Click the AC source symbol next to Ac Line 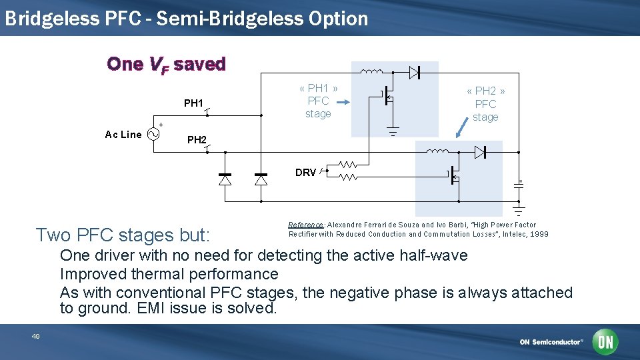(153, 134)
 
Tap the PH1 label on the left (193, 103)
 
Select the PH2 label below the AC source (197, 140)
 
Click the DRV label (305, 173)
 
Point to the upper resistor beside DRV (347, 163)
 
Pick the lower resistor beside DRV (347, 177)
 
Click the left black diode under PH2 (225, 179)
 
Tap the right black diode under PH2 (261, 179)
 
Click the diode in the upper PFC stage (414, 72)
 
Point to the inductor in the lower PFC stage (437, 152)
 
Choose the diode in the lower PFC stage (480, 153)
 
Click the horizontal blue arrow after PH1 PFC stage (342, 103)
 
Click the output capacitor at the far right (519, 186)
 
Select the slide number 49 (36, 337)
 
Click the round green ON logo (605, 342)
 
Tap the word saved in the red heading (200, 64)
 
